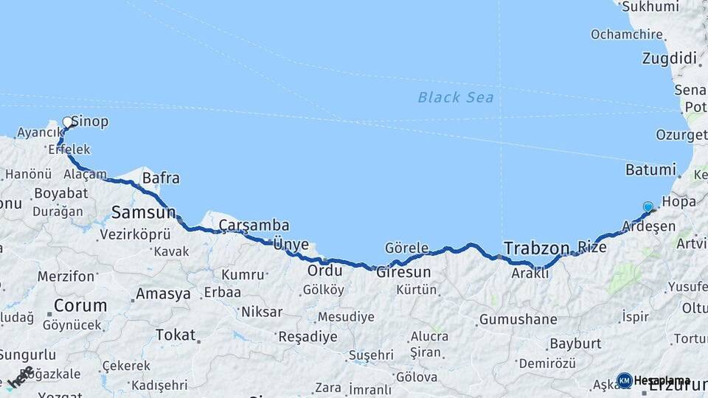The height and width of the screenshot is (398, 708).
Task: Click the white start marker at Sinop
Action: click(x=68, y=122)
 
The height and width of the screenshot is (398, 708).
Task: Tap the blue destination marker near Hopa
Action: click(x=648, y=208)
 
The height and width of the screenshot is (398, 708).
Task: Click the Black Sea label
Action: click(x=455, y=97)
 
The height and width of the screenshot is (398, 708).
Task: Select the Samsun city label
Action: click(x=143, y=213)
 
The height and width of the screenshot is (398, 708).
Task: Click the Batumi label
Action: click(x=650, y=170)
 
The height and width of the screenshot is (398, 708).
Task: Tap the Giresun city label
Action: click(x=403, y=272)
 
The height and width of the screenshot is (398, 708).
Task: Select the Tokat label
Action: click(x=175, y=335)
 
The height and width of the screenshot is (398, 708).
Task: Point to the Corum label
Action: click(x=80, y=304)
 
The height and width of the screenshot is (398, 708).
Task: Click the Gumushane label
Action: click(x=518, y=320)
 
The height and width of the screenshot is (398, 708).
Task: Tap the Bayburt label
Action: click(x=575, y=343)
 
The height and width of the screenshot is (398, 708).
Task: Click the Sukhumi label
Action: click(x=650, y=7)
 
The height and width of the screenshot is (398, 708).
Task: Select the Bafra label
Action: click(x=161, y=178)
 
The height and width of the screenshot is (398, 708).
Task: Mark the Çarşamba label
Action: click(x=254, y=226)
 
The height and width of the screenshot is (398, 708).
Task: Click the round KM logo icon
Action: click(x=624, y=380)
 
